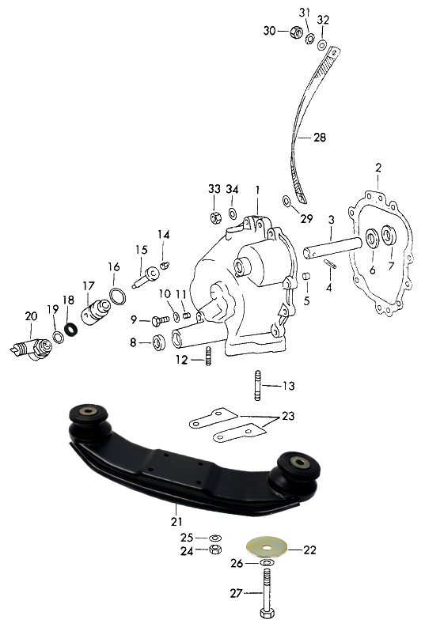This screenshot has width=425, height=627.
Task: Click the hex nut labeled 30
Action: point(296,32)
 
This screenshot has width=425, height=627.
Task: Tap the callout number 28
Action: point(320,138)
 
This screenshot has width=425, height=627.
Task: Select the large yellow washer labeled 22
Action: point(266,546)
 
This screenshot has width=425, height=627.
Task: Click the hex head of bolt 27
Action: point(267,613)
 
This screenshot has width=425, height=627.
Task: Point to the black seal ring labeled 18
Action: point(71,330)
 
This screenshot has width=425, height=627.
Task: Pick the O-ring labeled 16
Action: point(117,297)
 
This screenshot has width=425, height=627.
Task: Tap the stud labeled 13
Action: point(258,386)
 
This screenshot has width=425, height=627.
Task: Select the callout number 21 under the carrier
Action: point(176,521)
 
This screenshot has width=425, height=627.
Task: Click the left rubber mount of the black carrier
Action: point(89,424)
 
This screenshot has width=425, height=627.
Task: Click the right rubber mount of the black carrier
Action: point(295,474)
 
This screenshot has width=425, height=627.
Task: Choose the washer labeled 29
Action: point(287,201)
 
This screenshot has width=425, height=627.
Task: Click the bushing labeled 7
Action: point(389,235)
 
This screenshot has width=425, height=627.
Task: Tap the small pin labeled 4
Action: point(330,264)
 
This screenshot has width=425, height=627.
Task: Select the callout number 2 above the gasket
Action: point(378,168)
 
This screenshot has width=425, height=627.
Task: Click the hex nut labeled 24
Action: point(215,550)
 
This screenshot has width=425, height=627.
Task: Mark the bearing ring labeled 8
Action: point(159,343)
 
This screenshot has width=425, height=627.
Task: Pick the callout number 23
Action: point(288,416)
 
